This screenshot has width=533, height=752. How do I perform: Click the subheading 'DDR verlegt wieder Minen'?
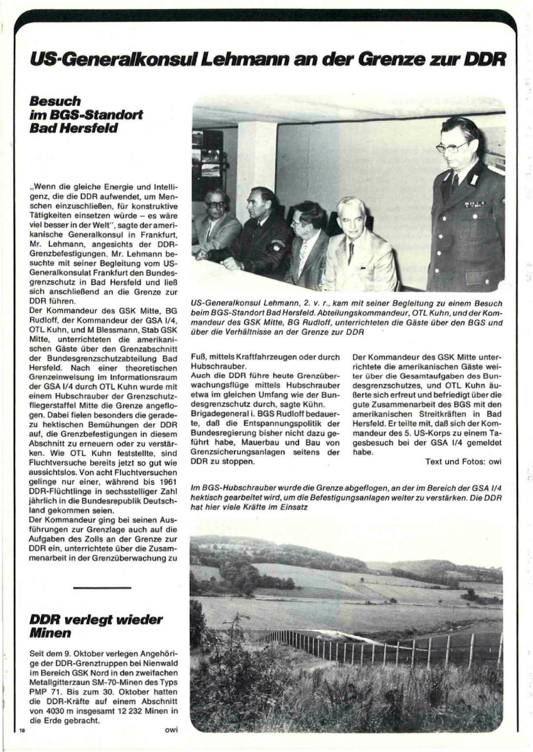(x=95, y=626)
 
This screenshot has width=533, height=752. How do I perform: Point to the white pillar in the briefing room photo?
(x=255, y=164)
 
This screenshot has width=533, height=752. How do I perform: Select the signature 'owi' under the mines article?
(x=171, y=729)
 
